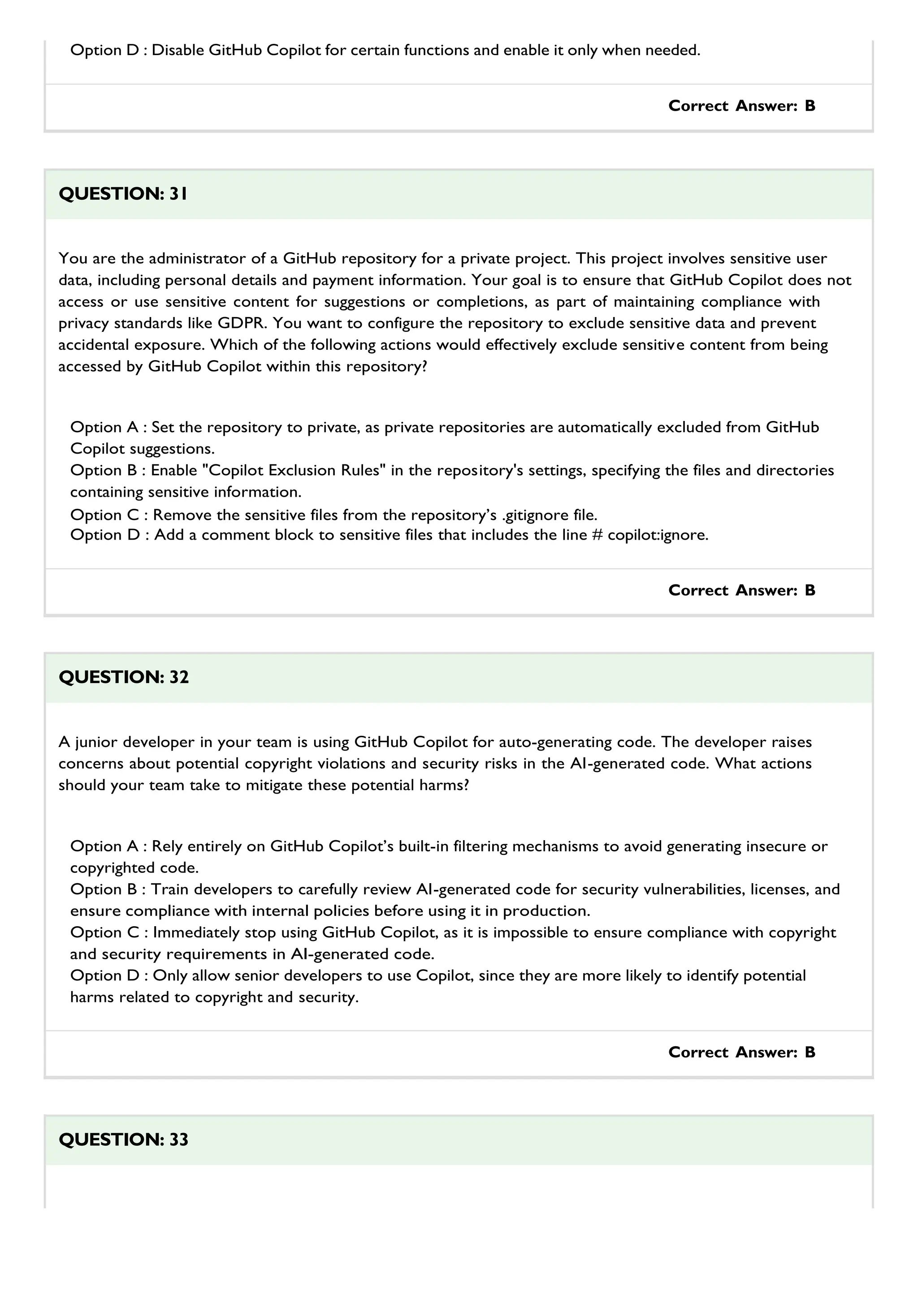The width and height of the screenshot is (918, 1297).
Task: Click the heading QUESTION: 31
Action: [123, 194]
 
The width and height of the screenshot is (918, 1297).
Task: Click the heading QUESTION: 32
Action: [123, 677]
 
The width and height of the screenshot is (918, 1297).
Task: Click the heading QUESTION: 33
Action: [123, 1139]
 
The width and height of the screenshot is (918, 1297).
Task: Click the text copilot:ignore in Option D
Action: [658, 535]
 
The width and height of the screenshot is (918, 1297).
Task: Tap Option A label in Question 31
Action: [104, 427]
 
